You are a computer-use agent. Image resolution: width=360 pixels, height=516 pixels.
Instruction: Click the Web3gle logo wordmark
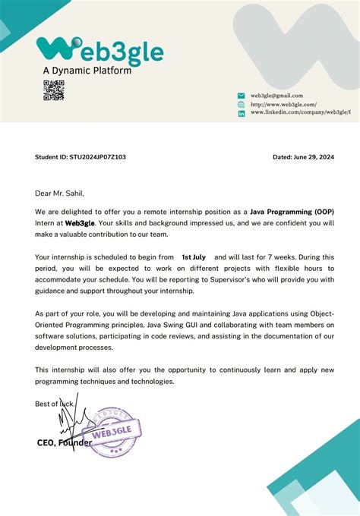[x=99, y=52]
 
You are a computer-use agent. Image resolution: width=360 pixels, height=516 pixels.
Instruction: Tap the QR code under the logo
[x=53, y=90]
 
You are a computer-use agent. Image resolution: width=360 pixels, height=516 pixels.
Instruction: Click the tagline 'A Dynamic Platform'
[x=87, y=71]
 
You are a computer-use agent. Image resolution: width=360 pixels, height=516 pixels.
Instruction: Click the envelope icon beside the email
[x=242, y=96]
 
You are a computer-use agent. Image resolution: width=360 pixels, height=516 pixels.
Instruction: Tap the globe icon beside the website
[x=242, y=104]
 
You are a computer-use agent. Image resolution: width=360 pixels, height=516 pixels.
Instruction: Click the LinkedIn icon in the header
[x=242, y=113]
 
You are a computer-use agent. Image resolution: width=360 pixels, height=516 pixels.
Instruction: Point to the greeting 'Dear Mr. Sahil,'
[x=60, y=193]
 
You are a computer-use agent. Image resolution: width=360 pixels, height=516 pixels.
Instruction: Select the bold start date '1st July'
[x=194, y=257]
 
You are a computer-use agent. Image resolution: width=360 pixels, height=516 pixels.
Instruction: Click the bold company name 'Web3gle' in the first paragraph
[x=80, y=223]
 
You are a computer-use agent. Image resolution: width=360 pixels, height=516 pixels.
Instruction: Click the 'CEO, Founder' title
[x=65, y=442]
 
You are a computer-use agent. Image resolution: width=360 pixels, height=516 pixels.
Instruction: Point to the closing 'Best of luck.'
[x=55, y=404]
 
